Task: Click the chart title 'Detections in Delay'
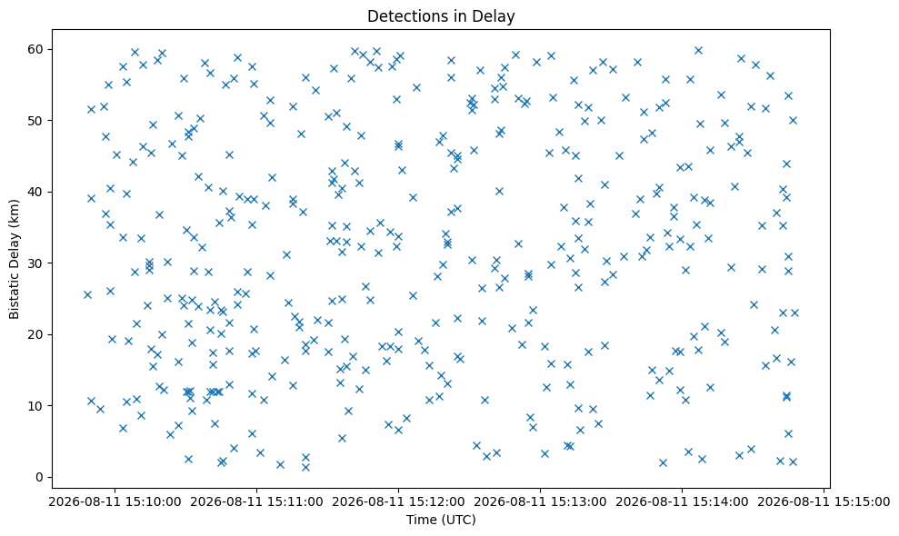[x=441, y=16]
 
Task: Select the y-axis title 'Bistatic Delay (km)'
[x=14, y=259]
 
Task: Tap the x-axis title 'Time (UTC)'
[x=441, y=520]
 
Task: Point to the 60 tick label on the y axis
[x=36, y=49]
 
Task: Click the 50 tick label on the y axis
[x=36, y=121]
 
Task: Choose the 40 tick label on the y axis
[x=36, y=192]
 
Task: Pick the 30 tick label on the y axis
[x=36, y=263]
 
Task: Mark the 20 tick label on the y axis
[x=36, y=334]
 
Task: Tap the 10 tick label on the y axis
[x=36, y=406]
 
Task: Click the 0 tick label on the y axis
[x=40, y=477]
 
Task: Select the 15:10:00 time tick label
[x=115, y=502]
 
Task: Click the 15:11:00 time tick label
[x=256, y=502]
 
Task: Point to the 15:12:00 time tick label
[x=398, y=502]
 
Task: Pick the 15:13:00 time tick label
[x=540, y=502]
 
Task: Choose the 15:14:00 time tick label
[x=682, y=502]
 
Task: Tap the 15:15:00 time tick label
[x=824, y=502]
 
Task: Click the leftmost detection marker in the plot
[x=87, y=294]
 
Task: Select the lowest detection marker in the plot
[x=305, y=467]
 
